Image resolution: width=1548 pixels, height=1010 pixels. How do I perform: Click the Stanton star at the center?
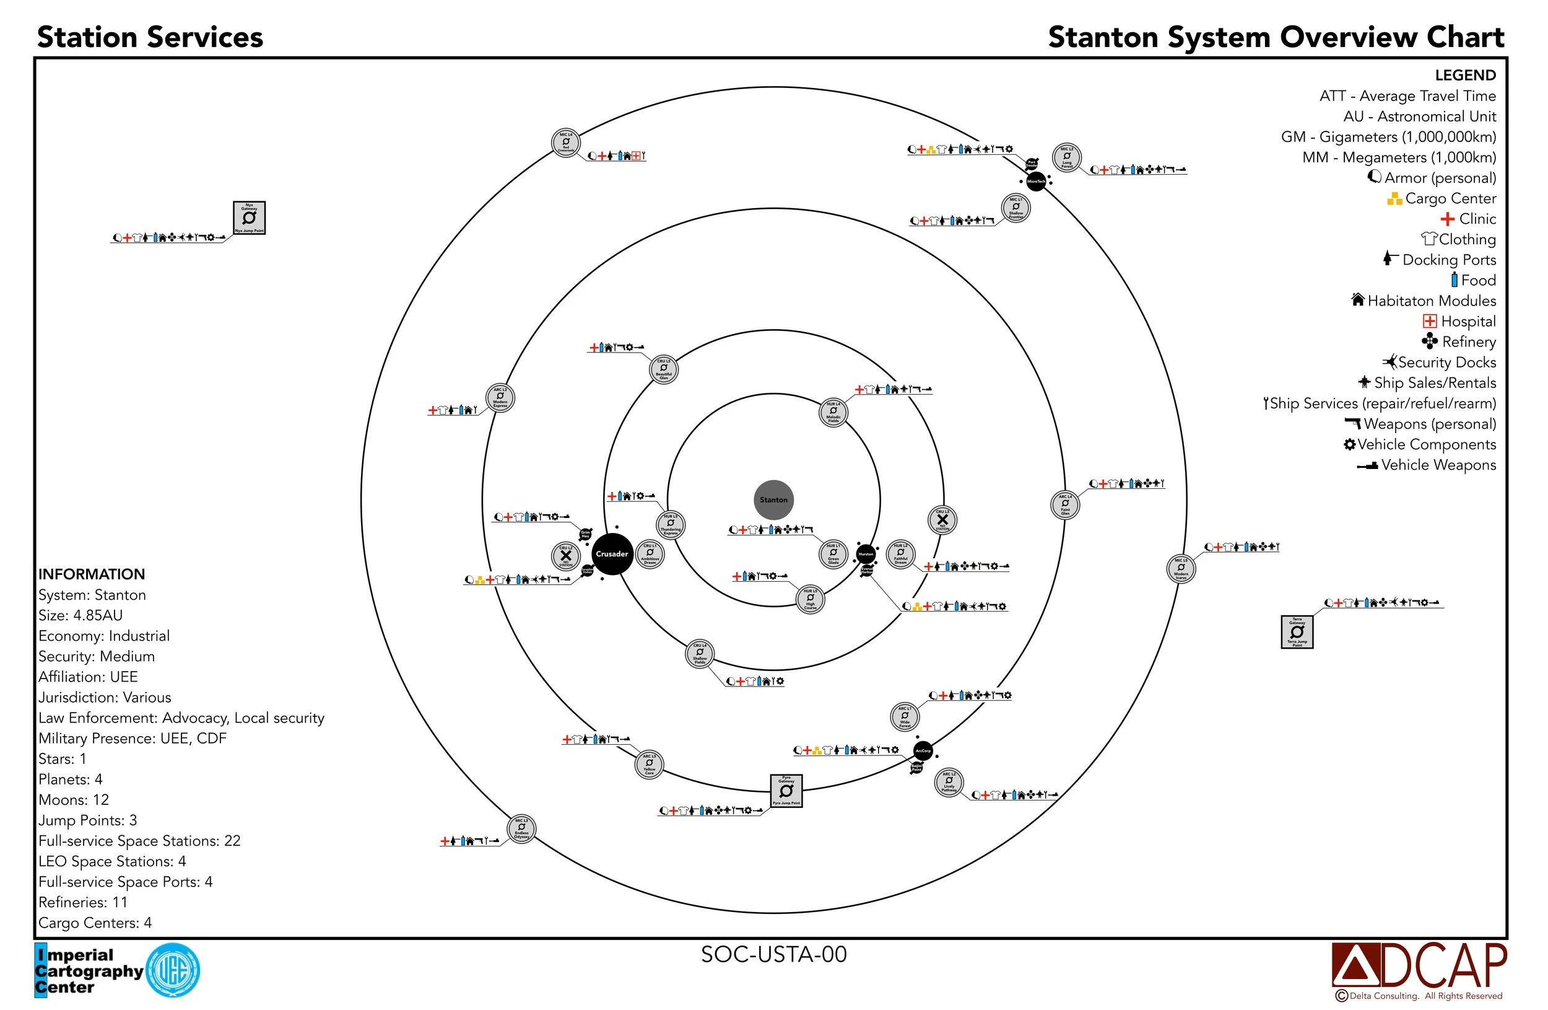pyautogui.click(x=773, y=500)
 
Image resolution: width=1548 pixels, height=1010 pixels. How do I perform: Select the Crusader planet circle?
pyautogui.click(x=611, y=554)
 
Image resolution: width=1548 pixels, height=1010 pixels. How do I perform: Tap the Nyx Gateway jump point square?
pyautogui.click(x=249, y=217)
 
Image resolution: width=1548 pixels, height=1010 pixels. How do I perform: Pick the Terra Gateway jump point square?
pyautogui.click(x=1297, y=632)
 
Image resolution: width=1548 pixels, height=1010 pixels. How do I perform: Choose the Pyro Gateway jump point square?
pyautogui.click(x=786, y=791)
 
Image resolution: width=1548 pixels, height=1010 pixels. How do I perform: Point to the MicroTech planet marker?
pyautogui.click(x=1035, y=181)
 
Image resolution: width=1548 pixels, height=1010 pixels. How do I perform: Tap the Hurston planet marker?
pyautogui.click(x=866, y=554)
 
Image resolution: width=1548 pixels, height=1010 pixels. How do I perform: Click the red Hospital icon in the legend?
pyautogui.click(x=1429, y=321)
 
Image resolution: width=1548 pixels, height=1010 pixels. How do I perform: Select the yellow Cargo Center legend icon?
pyautogui.click(x=1394, y=198)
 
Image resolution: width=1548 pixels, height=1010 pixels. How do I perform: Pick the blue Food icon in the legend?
pyautogui.click(x=1455, y=280)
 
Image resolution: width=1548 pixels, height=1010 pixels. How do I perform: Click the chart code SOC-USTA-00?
pyautogui.click(x=773, y=954)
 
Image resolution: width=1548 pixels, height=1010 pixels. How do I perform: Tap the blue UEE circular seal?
pyautogui.click(x=173, y=970)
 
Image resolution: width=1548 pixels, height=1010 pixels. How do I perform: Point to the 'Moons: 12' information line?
pyautogui.click(x=74, y=800)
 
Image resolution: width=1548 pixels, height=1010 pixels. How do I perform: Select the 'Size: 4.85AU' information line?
pyautogui.click(x=80, y=615)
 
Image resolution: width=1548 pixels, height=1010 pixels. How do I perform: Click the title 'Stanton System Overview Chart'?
pyautogui.click(x=1276, y=37)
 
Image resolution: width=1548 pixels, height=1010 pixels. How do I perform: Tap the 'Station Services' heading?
pyautogui.click(x=150, y=37)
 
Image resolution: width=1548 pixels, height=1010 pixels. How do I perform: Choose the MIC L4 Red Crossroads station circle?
pyautogui.click(x=565, y=143)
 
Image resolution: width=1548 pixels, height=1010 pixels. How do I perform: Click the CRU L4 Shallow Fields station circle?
pyautogui.click(x=699, y=653)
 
